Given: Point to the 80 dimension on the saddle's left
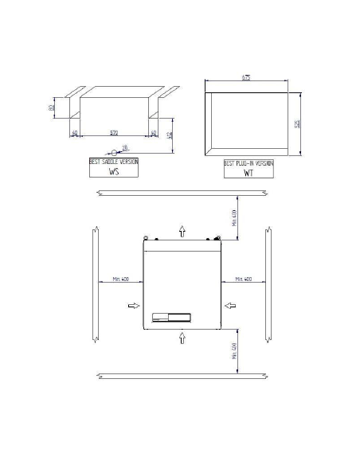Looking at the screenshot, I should [x=50, y=108].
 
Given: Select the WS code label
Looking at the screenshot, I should [x=113, y=170].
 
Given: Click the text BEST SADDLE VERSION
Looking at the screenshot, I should [x=113, y=162].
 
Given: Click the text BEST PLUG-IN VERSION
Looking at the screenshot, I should [x=248, y=162].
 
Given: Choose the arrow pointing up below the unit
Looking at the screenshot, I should [x=182, y=337].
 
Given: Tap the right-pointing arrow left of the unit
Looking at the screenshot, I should [x=132, y=305].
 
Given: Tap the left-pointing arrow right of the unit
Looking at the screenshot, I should [x=230, y=305].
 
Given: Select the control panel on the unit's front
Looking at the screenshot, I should [x=170, y=316].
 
